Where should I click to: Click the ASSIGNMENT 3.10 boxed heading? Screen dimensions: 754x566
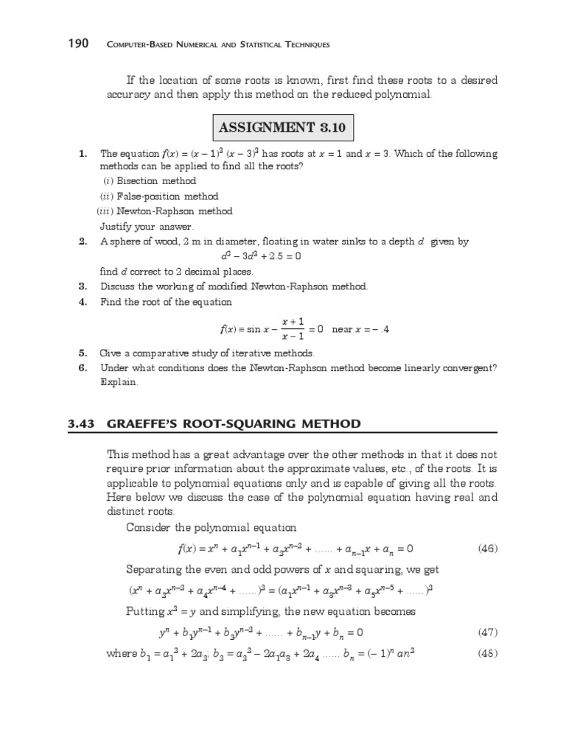(x=282, y=128)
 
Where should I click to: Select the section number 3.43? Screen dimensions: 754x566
(x=81, y=423)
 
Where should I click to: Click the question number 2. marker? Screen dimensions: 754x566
(x=83, y=242)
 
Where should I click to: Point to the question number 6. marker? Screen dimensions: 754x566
(x=83, y=367)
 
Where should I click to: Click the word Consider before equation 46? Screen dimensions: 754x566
(x=150, y=527)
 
